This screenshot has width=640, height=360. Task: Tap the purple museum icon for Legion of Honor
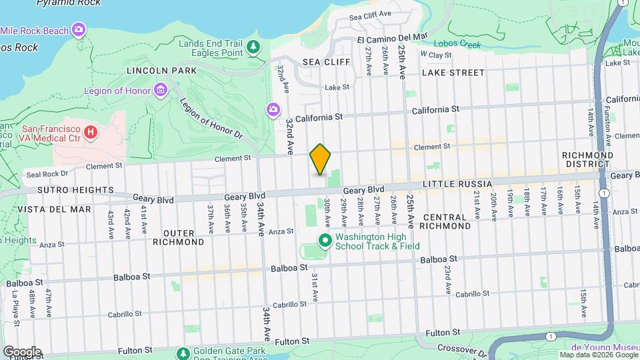(159, 90)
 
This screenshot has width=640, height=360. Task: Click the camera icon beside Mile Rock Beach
(79, 29)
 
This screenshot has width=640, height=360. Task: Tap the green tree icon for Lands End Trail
(253, 47)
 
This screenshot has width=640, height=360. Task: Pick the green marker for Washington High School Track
(325, 240)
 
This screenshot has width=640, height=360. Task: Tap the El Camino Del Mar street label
(393, 38)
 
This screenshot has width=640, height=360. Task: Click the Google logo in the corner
(22, 351)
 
